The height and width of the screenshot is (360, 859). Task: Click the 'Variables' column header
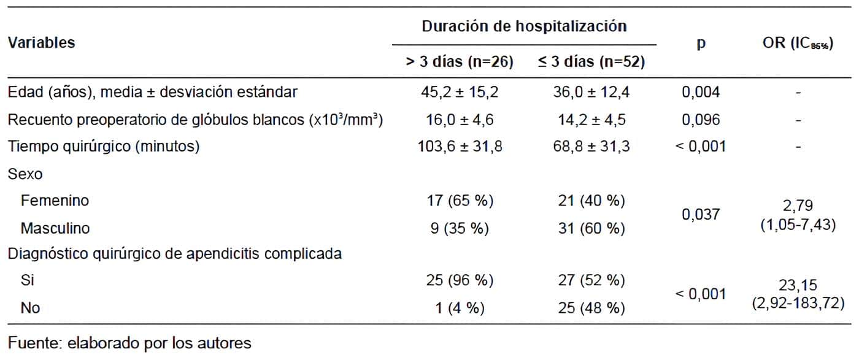pyautogui.click(x=42, y=43)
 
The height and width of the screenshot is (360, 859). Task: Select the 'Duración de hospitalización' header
pyautogui.click(x=524, y=26)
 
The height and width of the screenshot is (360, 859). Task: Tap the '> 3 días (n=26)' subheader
pyautogui.click(x=460, y=63)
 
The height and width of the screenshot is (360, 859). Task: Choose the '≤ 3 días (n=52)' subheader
pyautogui.click(x=590, y=63)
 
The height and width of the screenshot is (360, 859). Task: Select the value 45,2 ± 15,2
pyautogui.click(x=461, y=93)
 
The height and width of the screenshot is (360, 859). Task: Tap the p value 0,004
pyautogui.click(x=701, y=93)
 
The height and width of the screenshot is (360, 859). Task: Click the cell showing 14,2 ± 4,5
pyautogui.click(x=590, y=120)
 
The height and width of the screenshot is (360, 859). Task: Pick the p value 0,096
pyautogui.click(x=701, y=120)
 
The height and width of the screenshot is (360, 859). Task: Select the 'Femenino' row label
pyautogui.click(x=55, y=201)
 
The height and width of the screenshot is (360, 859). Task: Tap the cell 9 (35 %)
pyautogui.click(x=461, y=229)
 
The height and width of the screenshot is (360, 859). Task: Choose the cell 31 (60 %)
pyautogui.click(x=590, y=229)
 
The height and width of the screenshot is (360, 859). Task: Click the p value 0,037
pyautogui.click(x=701, y=215)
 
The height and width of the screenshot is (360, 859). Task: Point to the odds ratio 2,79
pyautogui.click(x=797, y=205)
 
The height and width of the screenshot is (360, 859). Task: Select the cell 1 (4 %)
pyautogui.click(x=461, y=308)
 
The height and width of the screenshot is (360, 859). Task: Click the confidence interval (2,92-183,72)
pyautogui.click(x=797, y=304)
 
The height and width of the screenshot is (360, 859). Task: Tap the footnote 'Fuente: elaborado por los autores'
pyautogui.click(x=129, y=343)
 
